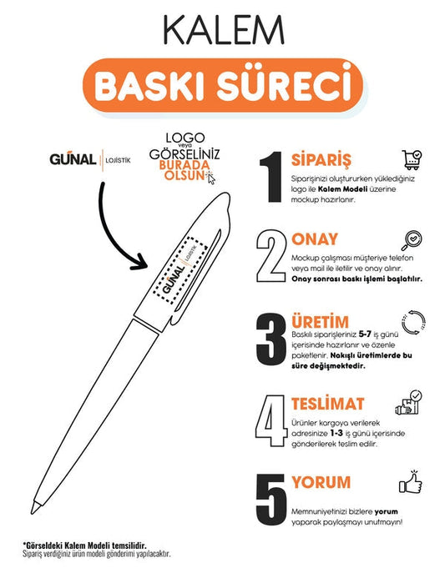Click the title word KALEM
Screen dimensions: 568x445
tap(223, 31)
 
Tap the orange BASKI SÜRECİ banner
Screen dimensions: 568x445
tap(223, 85)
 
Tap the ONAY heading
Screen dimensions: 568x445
tap(315, 239)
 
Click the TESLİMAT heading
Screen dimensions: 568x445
tap(327, 404)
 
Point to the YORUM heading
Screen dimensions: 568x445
tap(321, 482)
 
